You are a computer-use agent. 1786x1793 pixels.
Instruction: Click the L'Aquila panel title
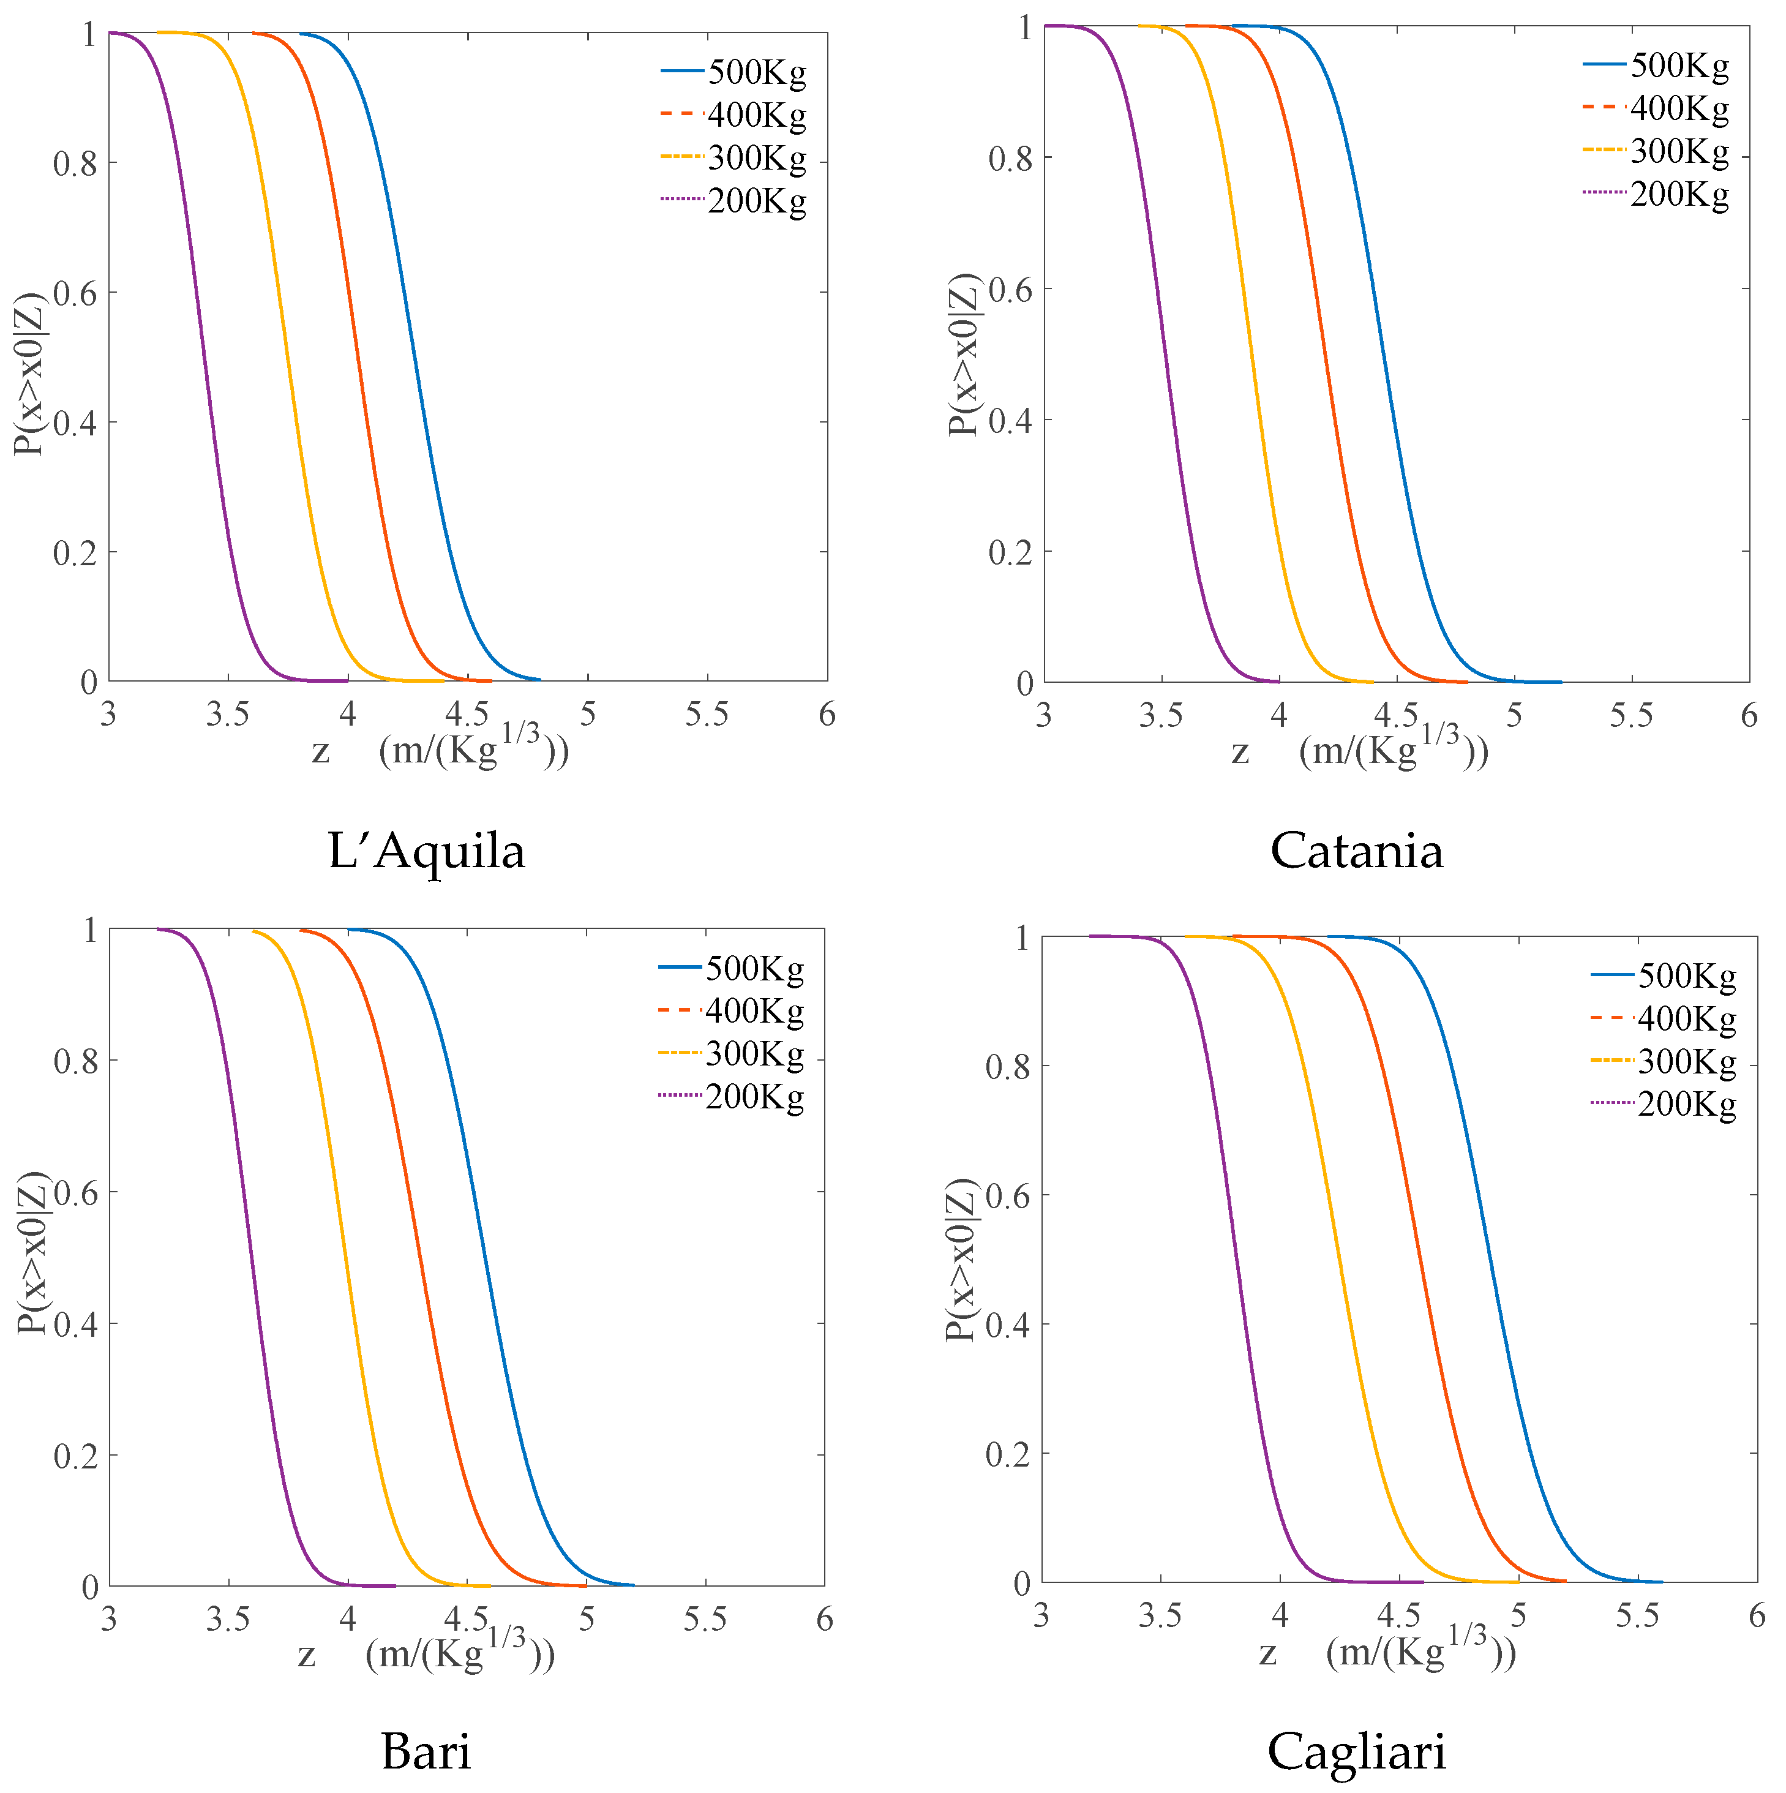click(x=426, y=850)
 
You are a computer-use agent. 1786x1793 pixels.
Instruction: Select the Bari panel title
click(x=426, y=1750)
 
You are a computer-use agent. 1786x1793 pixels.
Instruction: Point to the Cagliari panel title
click(x=1356, y=1750)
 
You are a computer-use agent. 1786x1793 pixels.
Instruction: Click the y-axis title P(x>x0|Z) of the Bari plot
click(x=32, y=1253)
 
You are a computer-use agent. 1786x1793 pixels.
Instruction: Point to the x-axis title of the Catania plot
click(x=1359, y=750)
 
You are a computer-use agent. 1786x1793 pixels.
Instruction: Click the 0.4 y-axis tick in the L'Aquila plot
click(x=74, y=423)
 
